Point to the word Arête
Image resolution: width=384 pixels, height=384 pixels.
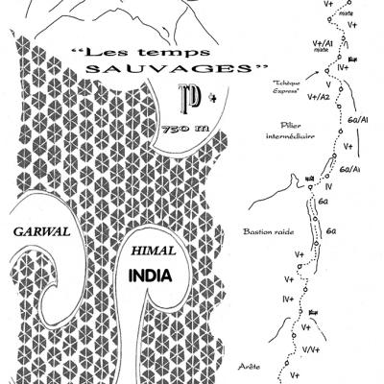[x=250, y=365]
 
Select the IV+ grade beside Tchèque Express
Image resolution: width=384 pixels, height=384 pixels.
[x=344, y=69]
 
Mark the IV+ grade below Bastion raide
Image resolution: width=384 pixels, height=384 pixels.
[x=286, y=300]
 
